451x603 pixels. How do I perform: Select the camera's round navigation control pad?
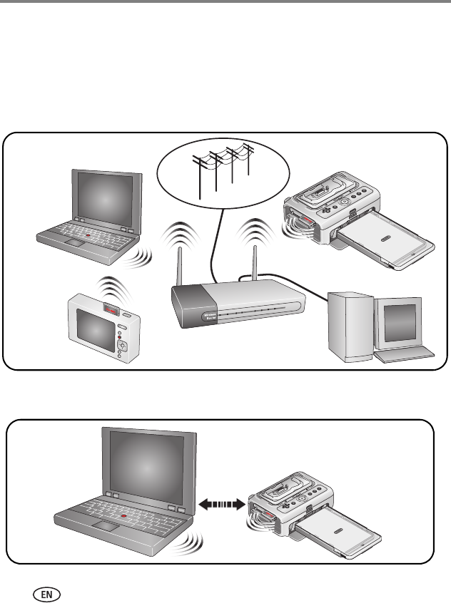click(122, 346)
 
